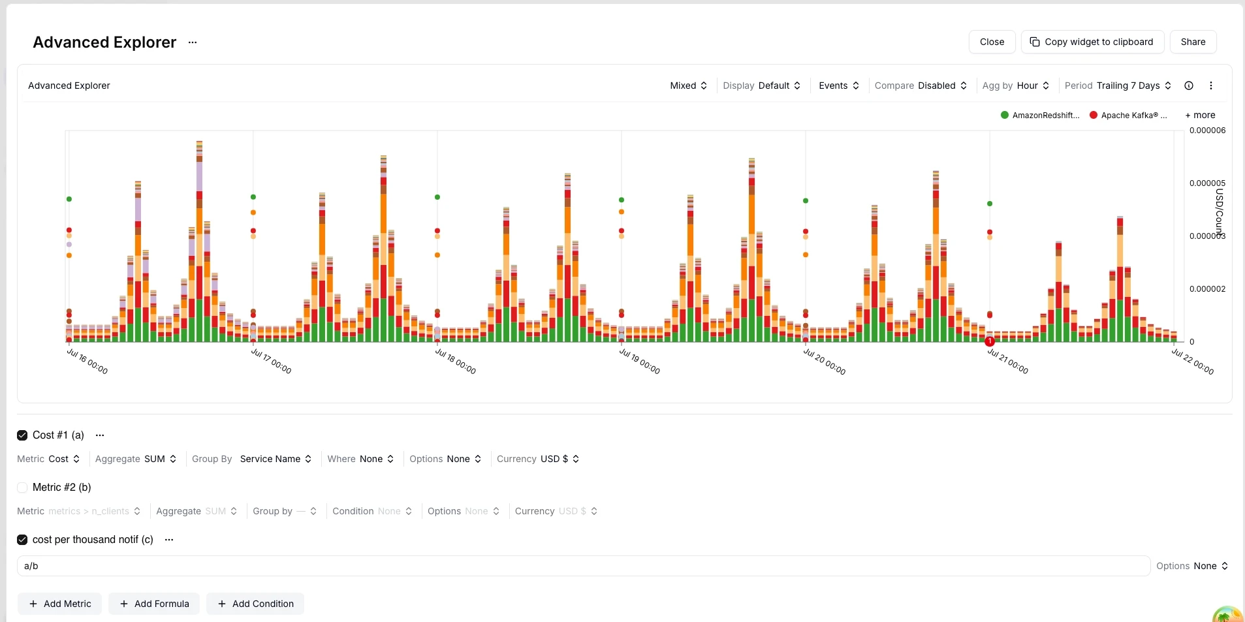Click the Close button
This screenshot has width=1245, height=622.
click(x=992, y=42)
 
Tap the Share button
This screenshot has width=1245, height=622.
click(x=1193, y=42)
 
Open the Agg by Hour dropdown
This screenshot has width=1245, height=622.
click(x=1016, y=86)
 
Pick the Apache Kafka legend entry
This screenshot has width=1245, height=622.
click(x=1128, y=116)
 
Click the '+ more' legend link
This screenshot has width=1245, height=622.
click(x=1200, y=115)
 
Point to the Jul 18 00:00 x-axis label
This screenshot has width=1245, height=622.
click(x=456, y=361)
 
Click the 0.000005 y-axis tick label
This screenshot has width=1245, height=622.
click(x=1207, y=183)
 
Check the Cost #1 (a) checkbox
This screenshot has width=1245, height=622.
click(x=22, y=435)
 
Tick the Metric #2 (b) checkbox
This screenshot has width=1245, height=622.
click(x=22, y=488)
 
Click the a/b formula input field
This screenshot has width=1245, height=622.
click(x=583, y=566)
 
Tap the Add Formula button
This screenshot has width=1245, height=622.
click(x=154, y=604)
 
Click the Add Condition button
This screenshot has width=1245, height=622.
click(x=255, y=604)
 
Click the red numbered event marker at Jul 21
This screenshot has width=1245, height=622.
click(x=990, y=341)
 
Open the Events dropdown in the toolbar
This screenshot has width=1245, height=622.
click(x=839, y=86)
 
